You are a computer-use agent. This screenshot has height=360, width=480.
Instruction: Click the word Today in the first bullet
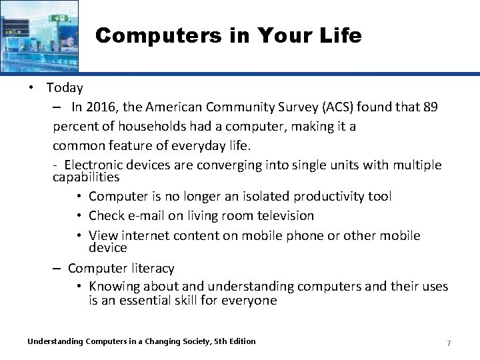pos(65,87)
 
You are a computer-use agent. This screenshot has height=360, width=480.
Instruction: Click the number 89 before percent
pos(430,108)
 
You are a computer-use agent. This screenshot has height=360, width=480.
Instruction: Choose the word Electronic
pos(96,165)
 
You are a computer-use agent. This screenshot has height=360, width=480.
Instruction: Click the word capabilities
pos(86,177)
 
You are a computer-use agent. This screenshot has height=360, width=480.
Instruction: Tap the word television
pos(280,215)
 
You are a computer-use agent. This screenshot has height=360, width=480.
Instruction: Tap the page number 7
pos(449,343)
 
